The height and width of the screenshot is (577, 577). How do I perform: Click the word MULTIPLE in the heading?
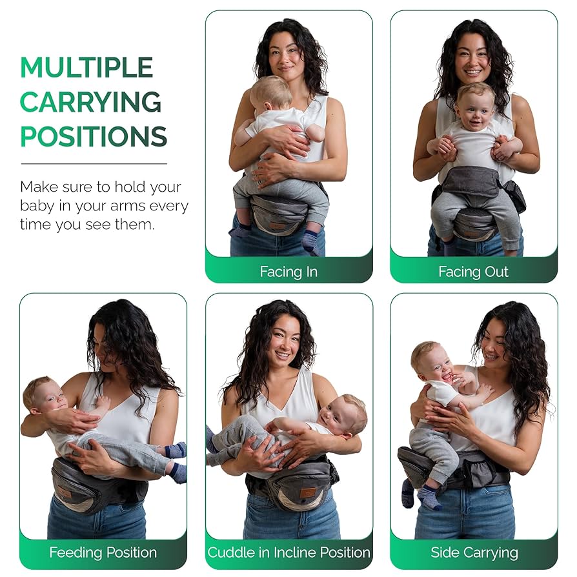pyautogui.click(x=86, y=67)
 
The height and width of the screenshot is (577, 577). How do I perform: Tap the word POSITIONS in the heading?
pyautogui.click(x=94, y=136)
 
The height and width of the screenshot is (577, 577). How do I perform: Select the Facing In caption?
pyautogui.click(x=288, y=272)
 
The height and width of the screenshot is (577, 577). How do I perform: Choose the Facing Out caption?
pyautogui.click(x=473, y=272)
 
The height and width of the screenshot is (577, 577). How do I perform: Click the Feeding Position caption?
pyautogui.click(x=103, y=552)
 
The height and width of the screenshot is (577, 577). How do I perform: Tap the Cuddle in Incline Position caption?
pyautogui.click(x=289, y=552)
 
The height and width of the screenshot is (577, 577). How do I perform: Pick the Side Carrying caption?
pyautogui.click(x=474, y=552)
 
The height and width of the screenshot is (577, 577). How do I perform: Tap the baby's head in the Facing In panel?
pyautogui.click(x=270, y=93)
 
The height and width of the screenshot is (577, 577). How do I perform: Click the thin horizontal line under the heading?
pyautogui.click(x=94, y=163)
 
